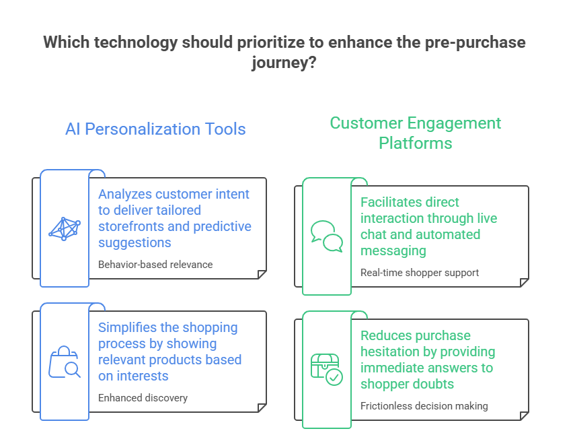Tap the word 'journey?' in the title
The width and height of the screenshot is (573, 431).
click(284, 63)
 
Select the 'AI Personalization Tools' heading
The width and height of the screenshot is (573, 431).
click(155, 129)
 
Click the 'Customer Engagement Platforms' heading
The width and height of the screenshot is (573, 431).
click(415, 133)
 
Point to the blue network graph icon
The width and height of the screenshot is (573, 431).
click(65, 229)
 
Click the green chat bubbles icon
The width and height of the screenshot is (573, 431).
click(327, 236)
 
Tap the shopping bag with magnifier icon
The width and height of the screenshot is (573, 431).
click(65, 362)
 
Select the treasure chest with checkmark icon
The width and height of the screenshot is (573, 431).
click(327, 370)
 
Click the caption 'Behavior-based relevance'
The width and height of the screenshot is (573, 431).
click(155, 265)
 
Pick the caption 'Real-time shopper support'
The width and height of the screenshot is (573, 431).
click(420, 273)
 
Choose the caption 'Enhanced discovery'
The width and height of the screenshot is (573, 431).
click(143, 398)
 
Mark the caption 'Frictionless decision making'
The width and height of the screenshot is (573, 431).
click(424, 406)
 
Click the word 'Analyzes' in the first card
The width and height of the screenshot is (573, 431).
click(124, 194)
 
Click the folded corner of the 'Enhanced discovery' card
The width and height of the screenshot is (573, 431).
click(262, 408)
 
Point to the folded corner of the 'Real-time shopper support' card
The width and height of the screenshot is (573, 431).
click(524, 282)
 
